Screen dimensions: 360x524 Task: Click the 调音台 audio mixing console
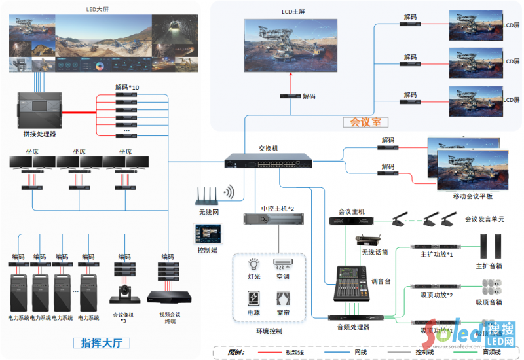click(354, 283)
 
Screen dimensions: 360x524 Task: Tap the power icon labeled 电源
click(253, 299)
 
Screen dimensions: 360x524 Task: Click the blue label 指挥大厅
click(105, 342)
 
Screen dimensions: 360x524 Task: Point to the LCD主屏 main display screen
click(292, 46)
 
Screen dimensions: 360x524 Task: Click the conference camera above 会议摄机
click(124, 294)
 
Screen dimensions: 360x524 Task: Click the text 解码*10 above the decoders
click(126, 86)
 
